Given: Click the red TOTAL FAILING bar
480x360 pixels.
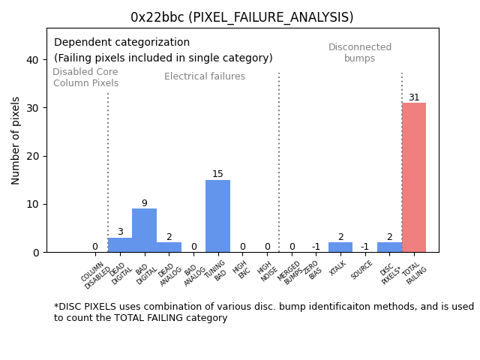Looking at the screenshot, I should tap(413, 178).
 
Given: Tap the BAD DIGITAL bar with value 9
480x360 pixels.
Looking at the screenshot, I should tap(144, 230).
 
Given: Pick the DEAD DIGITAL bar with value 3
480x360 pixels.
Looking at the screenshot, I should tap(120, 245).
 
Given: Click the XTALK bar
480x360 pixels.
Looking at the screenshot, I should tap(340, 247).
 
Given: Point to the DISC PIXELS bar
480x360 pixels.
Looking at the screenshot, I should tap(388, 247).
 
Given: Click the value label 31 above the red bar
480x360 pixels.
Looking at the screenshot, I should tap(414, 97).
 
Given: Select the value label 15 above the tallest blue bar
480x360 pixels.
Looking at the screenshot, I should tap(217, 174).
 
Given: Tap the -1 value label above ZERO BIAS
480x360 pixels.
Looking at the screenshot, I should tap(316, 247).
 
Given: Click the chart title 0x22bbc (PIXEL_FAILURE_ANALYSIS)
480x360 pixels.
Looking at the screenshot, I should tap(241, 17).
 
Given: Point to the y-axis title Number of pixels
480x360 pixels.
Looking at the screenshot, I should tap(16, 140).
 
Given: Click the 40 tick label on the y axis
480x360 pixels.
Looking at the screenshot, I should tap(32, 60).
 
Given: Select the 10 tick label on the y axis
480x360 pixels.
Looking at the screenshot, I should tap(32, 204).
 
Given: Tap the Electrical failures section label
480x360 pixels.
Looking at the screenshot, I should tap(205, 76).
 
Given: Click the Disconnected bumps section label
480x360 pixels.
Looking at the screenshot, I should tap(360, 52).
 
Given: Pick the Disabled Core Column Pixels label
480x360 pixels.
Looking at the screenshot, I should tap(85, 77).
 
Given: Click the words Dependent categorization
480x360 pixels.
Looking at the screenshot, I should tap(121, 43).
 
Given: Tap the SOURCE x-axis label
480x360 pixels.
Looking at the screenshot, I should tap(362, 270).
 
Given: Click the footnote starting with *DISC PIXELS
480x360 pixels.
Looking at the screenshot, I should tap(263, 312).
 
